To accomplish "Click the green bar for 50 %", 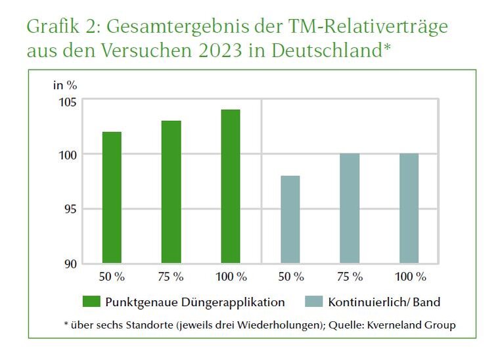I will (x=112, y=197).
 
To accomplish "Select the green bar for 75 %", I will (x=171, y=192).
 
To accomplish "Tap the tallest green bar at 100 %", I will (x=231, y=186).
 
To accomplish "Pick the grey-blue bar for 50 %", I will (x=290, y=219).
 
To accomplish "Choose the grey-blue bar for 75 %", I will (x=350, y=208).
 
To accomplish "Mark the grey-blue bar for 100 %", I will (x=409, y=208).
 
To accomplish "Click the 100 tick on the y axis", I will (x=67, y=154).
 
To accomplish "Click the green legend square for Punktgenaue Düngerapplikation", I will (x=91, y=302).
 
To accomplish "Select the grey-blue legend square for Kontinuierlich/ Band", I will (x=315, y=302).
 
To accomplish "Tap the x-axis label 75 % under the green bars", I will (x=171, y=277).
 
